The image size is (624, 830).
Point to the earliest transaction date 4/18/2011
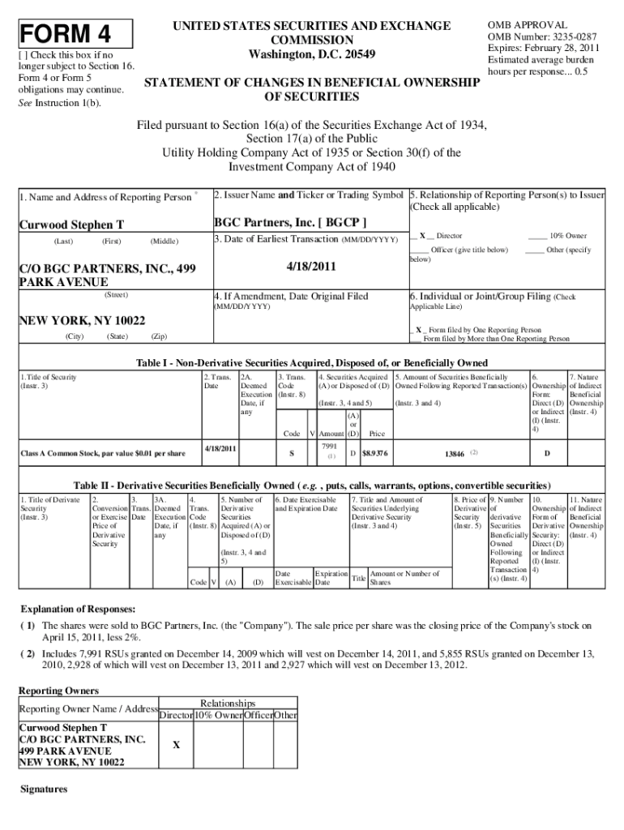312,267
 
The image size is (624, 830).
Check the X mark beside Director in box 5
422,235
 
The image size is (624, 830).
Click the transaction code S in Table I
292,453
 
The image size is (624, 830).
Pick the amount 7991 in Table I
329,447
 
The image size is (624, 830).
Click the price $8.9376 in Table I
374,453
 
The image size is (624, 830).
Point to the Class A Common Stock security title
102,453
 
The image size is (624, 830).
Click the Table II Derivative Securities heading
311,485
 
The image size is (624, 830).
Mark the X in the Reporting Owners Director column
175,745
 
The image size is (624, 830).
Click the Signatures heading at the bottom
43,789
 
